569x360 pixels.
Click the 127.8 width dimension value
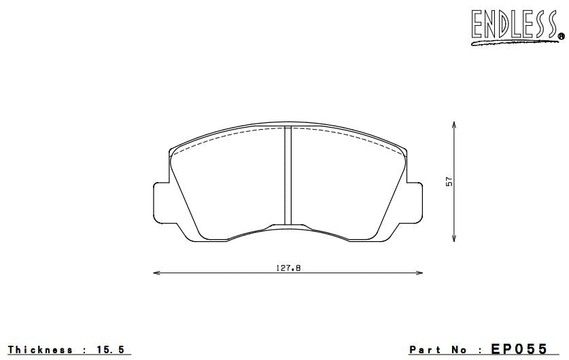tap(288, 268)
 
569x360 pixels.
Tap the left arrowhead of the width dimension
tap(156, 273)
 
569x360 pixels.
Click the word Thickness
tap(40, 350)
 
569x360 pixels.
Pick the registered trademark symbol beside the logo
tap(561, 35)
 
